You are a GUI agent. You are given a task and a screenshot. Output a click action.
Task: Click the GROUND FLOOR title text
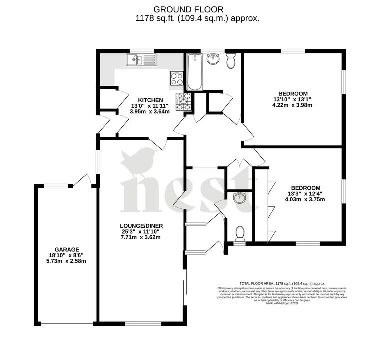[x=189, y=9]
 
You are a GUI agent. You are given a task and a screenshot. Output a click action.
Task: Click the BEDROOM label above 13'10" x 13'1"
[x=292, y=93]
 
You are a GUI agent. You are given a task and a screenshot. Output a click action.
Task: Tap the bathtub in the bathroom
[x=195, y=72]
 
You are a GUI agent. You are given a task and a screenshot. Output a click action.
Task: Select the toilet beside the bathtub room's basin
[x=231, y=61]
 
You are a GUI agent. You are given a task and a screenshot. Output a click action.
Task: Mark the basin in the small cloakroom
[x=240, y=198]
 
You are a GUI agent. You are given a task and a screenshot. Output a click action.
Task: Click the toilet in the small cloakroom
[x=240, y=232]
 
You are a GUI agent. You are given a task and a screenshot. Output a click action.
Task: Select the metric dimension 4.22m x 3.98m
[x=292, y=105]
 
